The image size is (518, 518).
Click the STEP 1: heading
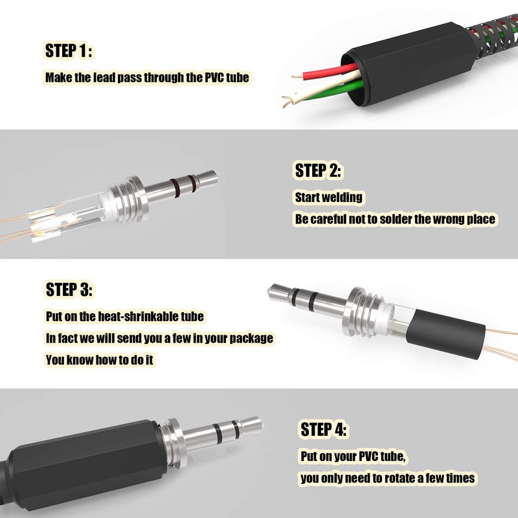(69, 51)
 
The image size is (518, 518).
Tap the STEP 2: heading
(318, 170)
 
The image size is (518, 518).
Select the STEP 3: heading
(69, 289)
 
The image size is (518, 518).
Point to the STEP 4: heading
(323, 429)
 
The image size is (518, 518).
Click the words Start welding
(328, 197)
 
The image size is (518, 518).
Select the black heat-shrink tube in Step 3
(446, 335)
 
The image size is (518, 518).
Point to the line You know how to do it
(100, 360)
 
